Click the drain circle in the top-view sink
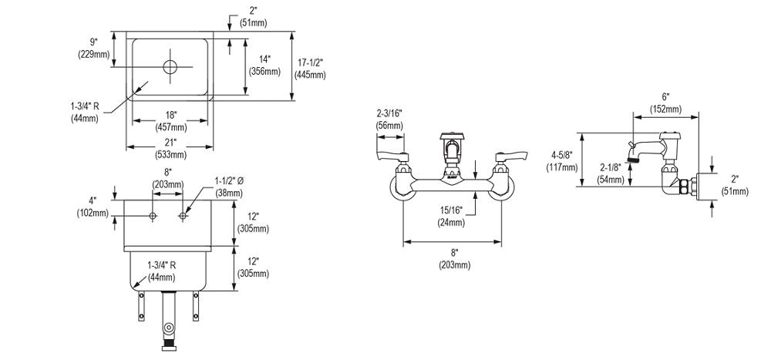[170, 66]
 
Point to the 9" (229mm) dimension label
[93, 49]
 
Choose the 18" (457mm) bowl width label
[170, 121]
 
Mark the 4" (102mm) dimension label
[93, 207]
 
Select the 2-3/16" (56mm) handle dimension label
[389, 119]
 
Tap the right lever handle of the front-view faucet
[510, 158]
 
